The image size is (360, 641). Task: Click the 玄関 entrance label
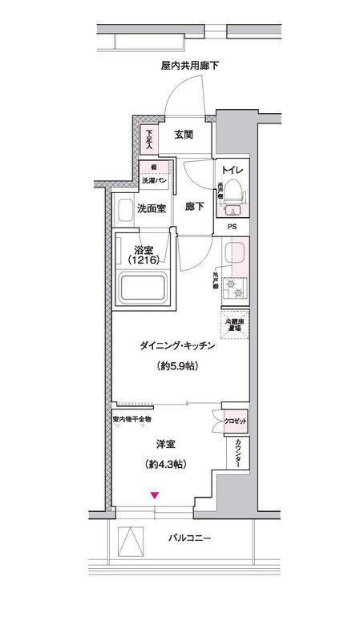[183, 135]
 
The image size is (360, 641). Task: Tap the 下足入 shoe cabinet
[148, 139]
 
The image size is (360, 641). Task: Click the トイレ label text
[233, 171]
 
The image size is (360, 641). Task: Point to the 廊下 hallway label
[195, 208]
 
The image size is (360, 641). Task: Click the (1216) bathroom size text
[150, 260]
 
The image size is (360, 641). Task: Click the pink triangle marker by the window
[155, 496]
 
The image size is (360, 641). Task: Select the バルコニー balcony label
[190, 539]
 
